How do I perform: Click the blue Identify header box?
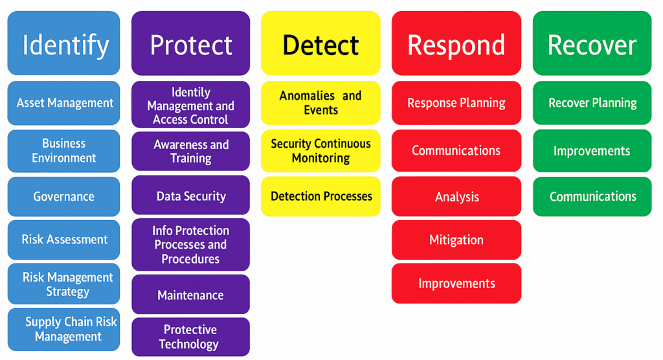[63, 43]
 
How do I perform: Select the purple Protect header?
[190, 43]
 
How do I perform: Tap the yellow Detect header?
[320, 43]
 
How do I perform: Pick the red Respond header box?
[456, 43]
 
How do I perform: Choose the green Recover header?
[592, 43]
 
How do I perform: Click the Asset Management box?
[63, 103]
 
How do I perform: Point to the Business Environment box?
[63, 151]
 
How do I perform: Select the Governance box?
[63, 197]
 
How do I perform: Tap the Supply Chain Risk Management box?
[63, 330]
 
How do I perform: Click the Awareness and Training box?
[190, 152]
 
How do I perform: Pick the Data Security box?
[190, 196]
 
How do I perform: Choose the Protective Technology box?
[190, 337]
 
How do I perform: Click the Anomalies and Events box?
[320, 103]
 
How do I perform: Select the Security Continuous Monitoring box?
[320, 151]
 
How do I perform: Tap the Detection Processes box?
[320, 196]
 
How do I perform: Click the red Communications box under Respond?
[456, 151]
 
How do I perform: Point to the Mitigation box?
[456, 240]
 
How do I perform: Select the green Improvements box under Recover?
[592, 151]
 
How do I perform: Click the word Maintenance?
[190, 295]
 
